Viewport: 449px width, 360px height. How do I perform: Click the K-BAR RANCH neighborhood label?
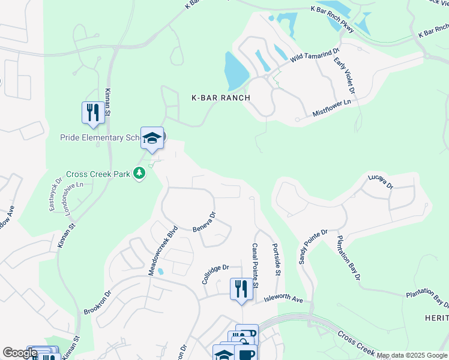pyautogui.click(x=220, y=97)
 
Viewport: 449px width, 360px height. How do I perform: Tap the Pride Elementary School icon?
pyautogui.click(x=152, y=138)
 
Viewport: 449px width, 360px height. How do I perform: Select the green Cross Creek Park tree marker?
pyautogui.click(x=140, y=174)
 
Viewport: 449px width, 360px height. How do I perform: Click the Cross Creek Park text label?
pyautogui.click(x=98, y=174)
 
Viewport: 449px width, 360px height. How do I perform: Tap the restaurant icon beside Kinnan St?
pyautogui.click(x=92, y=113)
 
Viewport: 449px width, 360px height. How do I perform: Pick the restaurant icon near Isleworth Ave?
pyautogui.click(x=241, y=289)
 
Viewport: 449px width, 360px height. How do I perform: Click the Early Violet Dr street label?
pyautogui.click(x=346, y=76)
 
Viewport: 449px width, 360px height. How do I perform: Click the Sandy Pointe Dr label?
pyautogui.click(x=313, y=247)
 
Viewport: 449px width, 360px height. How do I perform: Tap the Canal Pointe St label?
pyautogui.click(x=255, y=264)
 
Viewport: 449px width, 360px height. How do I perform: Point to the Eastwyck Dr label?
pyautogui.click(x=55, y=193)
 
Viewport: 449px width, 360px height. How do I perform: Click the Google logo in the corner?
pyautogui.click(x=20, y=353)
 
